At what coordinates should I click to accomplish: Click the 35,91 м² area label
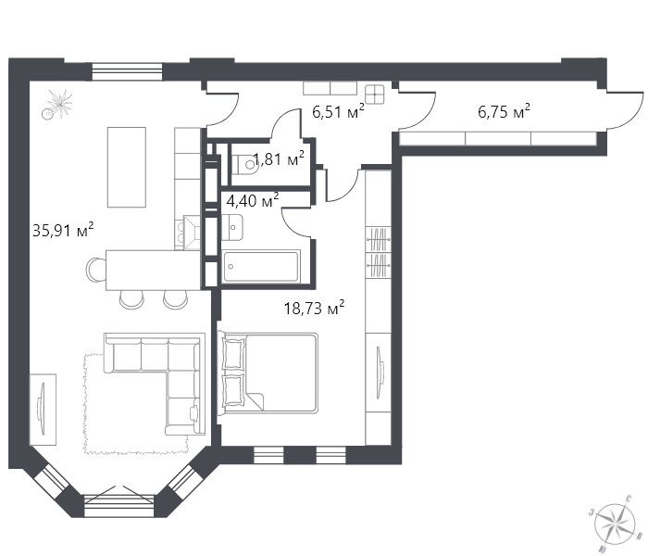(x=63, y=230)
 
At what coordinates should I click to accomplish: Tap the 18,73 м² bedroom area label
(x=315, y=308)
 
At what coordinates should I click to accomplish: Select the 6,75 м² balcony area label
(x=504, y=111)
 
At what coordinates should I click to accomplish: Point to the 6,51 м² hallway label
(x=338, y=111)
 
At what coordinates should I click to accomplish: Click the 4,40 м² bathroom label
(x=253, y=200)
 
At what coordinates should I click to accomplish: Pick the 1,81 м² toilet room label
(x=279, y=158)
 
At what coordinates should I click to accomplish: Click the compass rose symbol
(x=615, y=524)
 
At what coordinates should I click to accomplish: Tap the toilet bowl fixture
(x=245, y=164)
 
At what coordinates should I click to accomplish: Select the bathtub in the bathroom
(x=261, y=267)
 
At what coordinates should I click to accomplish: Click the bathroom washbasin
(x=232, y=227)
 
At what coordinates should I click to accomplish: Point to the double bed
(x=268, y=373)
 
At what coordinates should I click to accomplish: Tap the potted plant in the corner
(x=57, y=104)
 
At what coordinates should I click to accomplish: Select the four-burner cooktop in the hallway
(x=375, y=94)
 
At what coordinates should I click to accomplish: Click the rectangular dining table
(x=127, y=167)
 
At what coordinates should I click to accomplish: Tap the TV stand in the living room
(x=43, y=410)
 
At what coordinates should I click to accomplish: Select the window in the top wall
(x=126, y=70)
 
